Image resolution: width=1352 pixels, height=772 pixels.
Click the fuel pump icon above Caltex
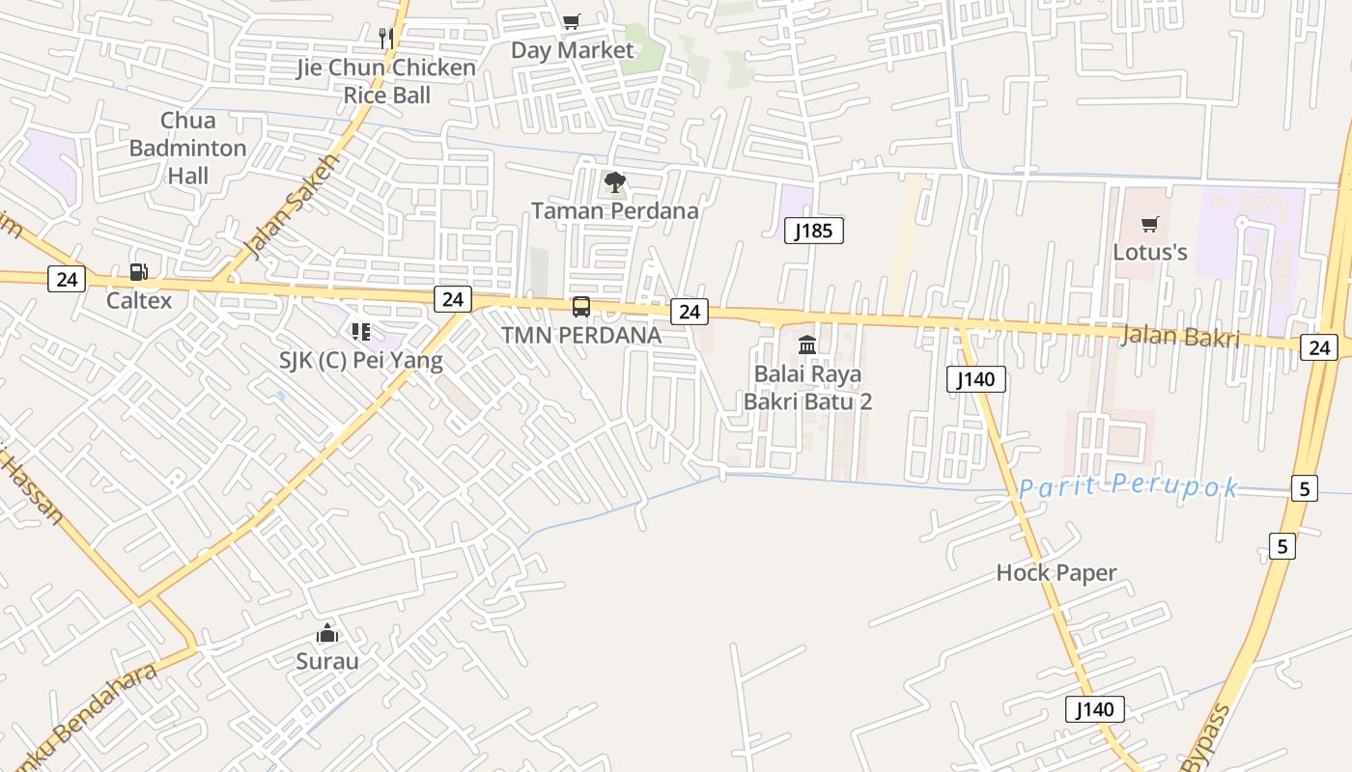coord(138,273)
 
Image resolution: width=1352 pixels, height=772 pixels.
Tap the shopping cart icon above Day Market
coord(572,21)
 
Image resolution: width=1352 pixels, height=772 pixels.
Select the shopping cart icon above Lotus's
coord(1149,225)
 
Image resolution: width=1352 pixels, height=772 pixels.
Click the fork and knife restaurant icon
coord(386,38)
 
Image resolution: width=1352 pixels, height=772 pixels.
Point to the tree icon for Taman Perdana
coord(614,181)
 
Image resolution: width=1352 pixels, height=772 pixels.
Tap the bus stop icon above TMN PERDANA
coord(581,307)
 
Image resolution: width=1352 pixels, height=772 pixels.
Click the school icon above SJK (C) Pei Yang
coord(360,333)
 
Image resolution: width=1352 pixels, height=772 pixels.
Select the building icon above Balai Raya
coord(807,345)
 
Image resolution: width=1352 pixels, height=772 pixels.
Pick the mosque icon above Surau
coord(327,634)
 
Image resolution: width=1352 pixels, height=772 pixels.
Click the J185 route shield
coord(814,230)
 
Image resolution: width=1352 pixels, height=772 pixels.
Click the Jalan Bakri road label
coord(1180,337)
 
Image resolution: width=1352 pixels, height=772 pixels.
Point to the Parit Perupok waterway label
coord(1128,486)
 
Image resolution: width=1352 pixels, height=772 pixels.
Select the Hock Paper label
coord(1056,573)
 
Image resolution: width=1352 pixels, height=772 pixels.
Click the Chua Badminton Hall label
coord(187,149)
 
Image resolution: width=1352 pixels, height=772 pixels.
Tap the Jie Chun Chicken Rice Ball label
coord(386,82)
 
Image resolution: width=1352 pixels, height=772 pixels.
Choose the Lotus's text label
coord(1150,253)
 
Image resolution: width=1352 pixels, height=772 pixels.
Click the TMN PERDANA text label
coord(581,336)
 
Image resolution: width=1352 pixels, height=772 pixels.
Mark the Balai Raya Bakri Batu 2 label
coord(807,387)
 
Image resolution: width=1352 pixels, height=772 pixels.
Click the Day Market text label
coord(573,50)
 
